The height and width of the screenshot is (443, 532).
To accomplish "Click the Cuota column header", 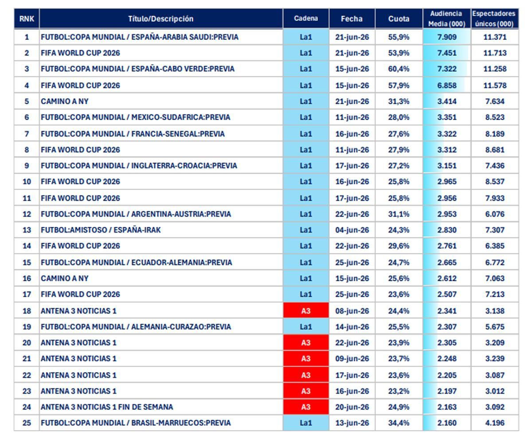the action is point(399,19).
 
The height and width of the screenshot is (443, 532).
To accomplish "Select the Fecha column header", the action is point(352,19).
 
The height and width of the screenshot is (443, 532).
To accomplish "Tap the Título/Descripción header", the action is point(161,19).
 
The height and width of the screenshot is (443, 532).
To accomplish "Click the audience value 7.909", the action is point(447,37).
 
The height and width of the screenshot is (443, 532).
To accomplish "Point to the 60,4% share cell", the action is point(399,69).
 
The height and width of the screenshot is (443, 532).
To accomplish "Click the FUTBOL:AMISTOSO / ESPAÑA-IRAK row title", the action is point(101,230).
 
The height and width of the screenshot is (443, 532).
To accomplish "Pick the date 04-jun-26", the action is point(352,230).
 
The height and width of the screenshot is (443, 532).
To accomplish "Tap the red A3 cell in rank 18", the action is point(306,311).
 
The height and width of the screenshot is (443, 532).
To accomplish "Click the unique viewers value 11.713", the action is point(495,53).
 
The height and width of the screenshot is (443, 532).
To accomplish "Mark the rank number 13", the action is point(27,230).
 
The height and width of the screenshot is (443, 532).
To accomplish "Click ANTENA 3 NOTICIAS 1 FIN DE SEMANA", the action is point(107,407).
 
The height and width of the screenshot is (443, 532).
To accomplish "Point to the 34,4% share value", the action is point(399,423).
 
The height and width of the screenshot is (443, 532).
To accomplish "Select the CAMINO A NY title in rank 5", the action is point(65,101).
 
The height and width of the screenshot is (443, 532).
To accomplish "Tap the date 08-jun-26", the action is point(352,311).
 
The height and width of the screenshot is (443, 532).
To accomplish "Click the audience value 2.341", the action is point(447,311).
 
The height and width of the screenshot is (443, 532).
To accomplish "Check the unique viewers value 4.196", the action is point(495,423).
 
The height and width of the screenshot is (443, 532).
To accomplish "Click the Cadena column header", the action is point(306,18).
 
